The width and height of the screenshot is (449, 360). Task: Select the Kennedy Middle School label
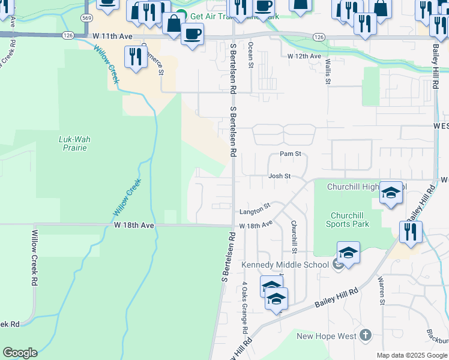pos(285,265)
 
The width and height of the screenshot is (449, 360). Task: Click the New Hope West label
pos(327,336)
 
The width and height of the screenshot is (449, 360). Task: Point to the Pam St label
pos(290,154)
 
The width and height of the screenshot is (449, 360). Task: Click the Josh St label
pos(279,176)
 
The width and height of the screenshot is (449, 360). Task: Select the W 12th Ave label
pos(303,56)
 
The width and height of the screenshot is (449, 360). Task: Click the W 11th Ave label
pos(112,37)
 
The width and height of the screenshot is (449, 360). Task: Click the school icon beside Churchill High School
pos(391,193)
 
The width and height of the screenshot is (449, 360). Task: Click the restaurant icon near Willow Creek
pos(136,57)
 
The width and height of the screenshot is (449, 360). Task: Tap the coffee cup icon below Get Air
pos(192,34)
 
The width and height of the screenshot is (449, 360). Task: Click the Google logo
pos(20,353)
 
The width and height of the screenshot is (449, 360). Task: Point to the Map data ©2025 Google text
pos(412,355)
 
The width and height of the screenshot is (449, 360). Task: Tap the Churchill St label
pos(295,236)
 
